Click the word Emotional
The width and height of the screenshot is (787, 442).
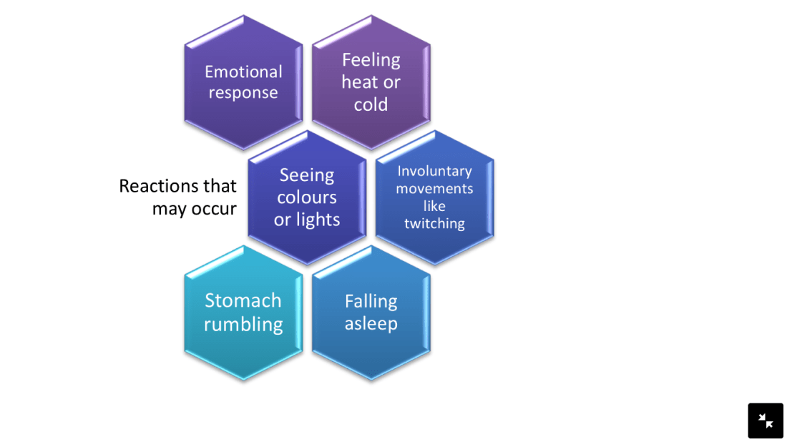pos(243,72)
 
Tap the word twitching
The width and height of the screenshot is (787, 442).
pos(434,223)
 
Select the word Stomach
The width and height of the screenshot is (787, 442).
pos(243,300)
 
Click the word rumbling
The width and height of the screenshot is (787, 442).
pos(243,324)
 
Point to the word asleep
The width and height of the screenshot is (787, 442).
pos(371,323)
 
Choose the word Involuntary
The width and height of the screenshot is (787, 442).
pos(434,171)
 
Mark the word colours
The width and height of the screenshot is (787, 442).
pos(307,197)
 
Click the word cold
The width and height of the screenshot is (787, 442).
pos(371,104)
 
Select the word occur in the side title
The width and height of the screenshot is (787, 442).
pos(214,209)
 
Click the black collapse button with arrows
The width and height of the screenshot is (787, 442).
pos(766,421)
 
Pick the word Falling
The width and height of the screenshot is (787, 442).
pos(371,301)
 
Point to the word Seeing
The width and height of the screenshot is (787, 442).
pos(307,175)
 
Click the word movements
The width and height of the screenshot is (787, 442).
pos(434,189)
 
